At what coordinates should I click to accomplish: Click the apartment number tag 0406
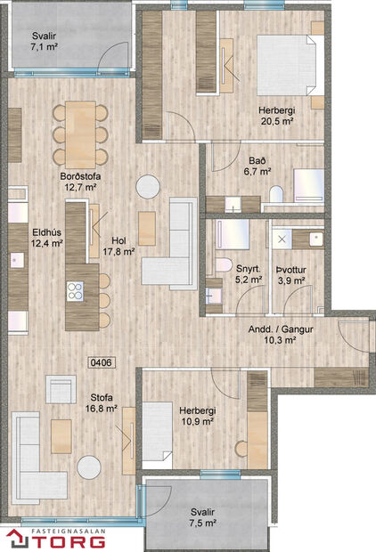pos(101,362)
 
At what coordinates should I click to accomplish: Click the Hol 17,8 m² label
pos(119,246)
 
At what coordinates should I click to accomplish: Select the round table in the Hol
pos(148,185)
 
